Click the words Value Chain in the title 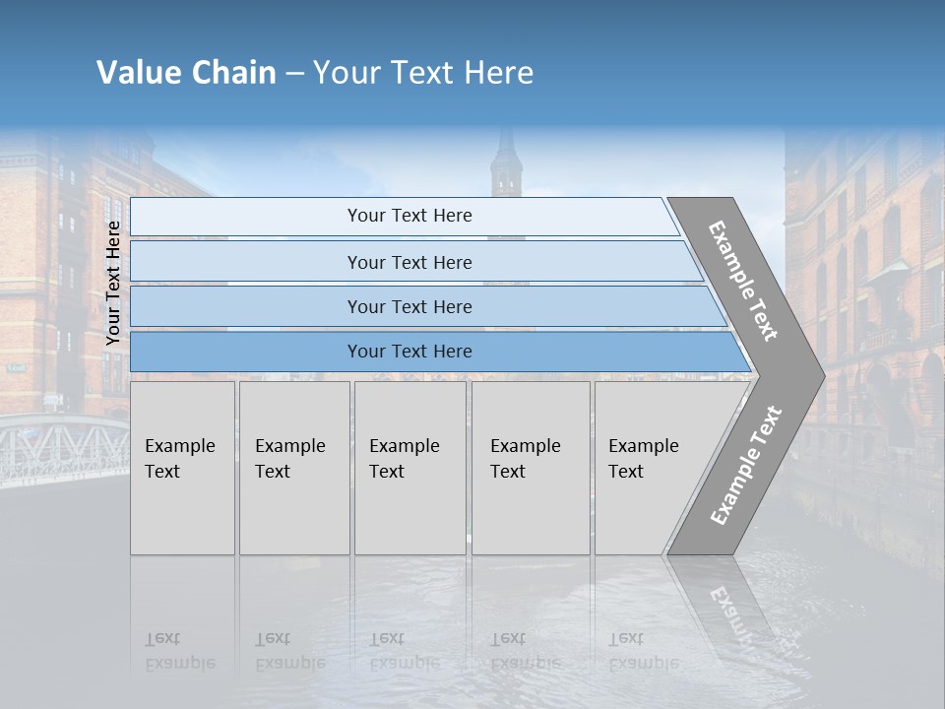tap(186, 73)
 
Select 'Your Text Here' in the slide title tap(423, 73)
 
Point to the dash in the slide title tap(294, 74)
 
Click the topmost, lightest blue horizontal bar tap(404, 217)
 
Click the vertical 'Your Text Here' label tap(114, 283)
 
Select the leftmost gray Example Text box tap(182, 468)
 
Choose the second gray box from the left tap(293, 468)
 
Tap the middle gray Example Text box tap(409, 468)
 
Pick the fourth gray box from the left tap(530, 468)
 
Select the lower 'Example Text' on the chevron tap(745, 465)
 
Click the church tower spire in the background tap(506, 158)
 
